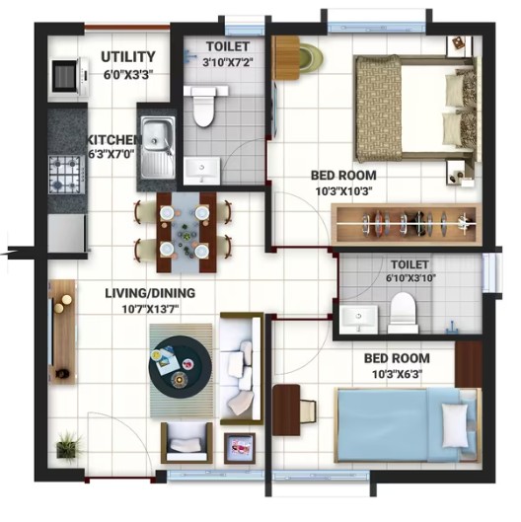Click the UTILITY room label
tap(128, 57)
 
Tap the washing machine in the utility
tap(70, 76)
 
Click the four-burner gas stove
tap(66, 174)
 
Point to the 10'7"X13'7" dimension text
tap(150, 309)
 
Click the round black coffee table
tap(181, 367)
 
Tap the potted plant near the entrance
tap(69, 446)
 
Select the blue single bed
tap(409, 425)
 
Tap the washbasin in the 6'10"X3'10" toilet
tap(359, 319)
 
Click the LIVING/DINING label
tap(150, 293)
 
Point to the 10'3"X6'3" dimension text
tap(397, 375)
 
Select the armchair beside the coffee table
tap(186, 442)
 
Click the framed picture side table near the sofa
tap(240, 448)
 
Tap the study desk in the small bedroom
tap(286, 410)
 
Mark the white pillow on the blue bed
tap(455, 425)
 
